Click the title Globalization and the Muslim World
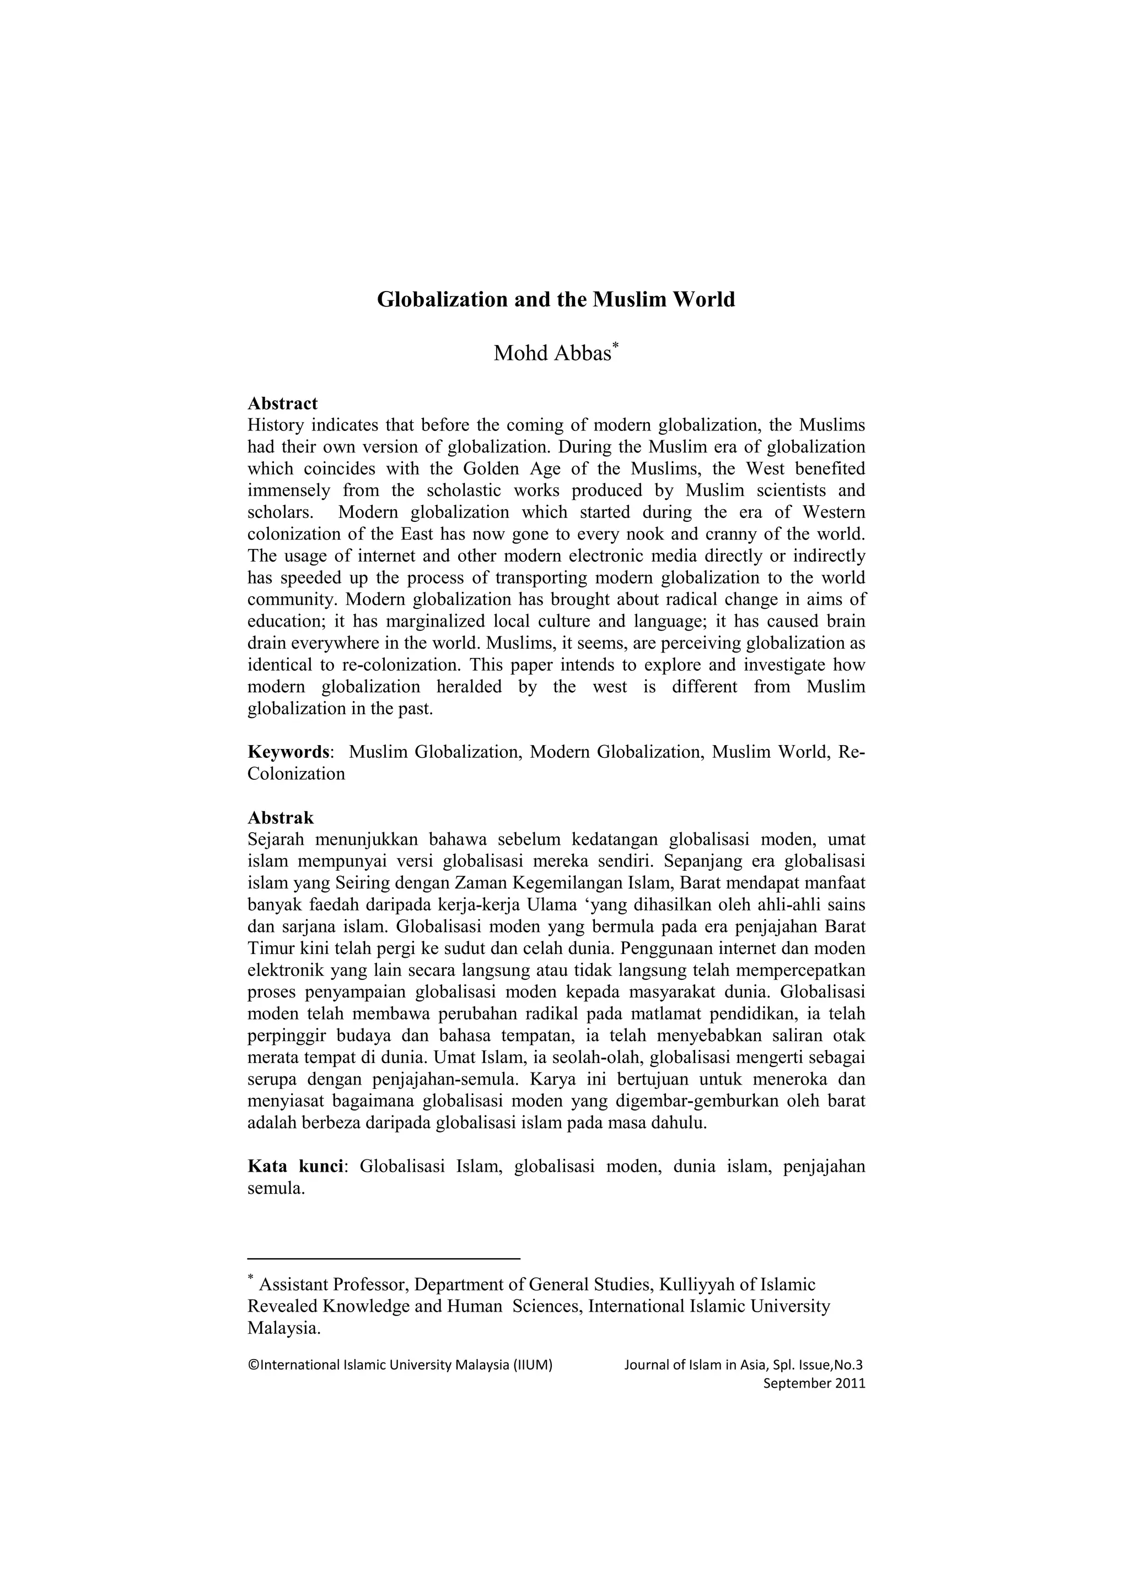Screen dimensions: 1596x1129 556,300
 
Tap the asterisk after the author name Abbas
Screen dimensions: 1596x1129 615,346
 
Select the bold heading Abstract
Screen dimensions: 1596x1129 282,403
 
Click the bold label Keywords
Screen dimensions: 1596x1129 288,752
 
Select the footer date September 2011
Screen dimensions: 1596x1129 814,1383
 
